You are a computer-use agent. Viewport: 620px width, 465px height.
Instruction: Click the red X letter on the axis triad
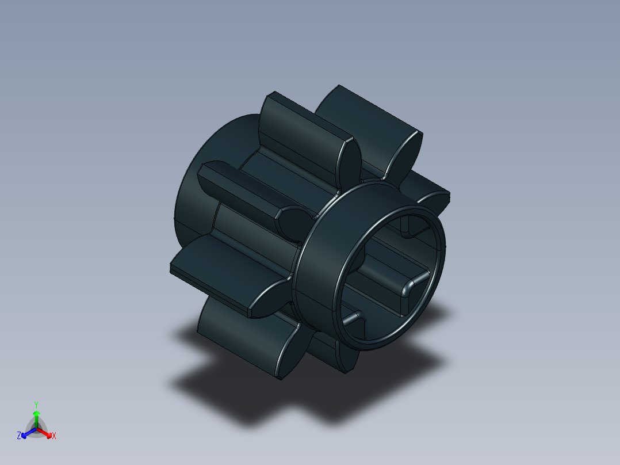coord(53,436)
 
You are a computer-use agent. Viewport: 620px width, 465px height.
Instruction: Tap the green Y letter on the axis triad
coord(36,404)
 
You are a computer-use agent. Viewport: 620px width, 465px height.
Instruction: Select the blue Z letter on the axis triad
coord(19,436)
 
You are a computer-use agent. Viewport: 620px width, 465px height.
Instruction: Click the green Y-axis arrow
coord(36,416)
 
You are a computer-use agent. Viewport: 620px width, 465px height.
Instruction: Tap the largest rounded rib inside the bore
coord(411,288)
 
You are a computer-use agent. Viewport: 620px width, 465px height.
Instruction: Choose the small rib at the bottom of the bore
coord(354,318)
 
